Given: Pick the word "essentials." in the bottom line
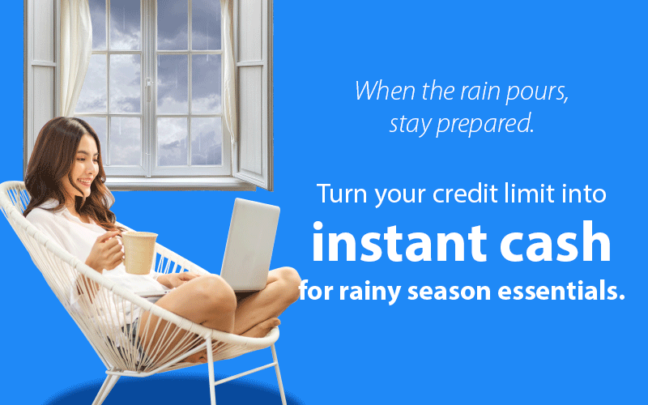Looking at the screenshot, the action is pos(561,291).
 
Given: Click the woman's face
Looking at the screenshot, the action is pos(86,166).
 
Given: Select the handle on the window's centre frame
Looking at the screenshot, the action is pos(148,87).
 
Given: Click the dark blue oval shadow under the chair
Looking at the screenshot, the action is pos(173,393).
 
